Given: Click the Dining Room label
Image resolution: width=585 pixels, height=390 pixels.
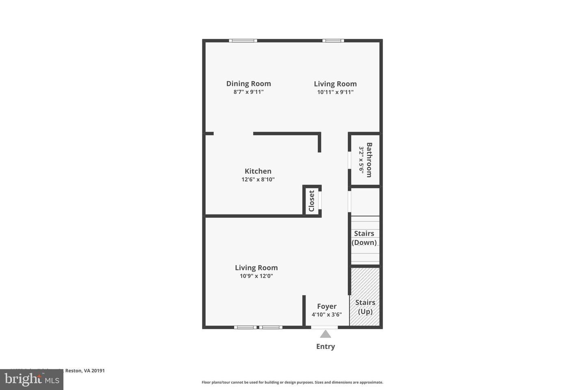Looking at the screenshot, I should coord(248,84).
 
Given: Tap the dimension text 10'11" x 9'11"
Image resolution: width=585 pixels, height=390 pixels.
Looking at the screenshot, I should coord(335,92).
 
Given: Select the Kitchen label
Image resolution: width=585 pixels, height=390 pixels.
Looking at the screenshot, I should coord(258,171).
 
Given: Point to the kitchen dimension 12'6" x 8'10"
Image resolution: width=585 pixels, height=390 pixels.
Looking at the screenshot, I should coord(258,180).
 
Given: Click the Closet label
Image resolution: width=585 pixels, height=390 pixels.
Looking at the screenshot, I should coord(312,201).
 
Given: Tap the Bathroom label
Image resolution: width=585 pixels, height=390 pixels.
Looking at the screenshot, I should coord(369,160).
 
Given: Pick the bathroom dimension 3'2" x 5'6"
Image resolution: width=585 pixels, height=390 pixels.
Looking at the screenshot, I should coord(361,160).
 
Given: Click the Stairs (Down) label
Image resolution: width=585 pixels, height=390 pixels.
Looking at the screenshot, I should coord(364,238).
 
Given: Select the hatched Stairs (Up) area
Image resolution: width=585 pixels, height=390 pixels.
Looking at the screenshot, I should coord(365,297).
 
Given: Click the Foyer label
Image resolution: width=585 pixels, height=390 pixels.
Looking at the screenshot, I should coord(327,306).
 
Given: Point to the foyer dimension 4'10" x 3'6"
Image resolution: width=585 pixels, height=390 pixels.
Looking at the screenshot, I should coord(327,315).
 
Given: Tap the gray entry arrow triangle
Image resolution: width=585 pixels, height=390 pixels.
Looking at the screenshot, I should coord(325,334).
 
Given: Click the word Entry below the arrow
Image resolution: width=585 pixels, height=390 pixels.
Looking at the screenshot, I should coord(325,347).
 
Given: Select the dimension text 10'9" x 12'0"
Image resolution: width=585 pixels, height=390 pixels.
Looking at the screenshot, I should coord(256,276).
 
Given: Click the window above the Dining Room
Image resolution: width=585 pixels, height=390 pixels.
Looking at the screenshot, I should coord(243,41).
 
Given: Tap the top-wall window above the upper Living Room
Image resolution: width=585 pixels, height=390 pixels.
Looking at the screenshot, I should coord(333,41).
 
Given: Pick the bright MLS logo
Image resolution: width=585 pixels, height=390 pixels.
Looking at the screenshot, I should coord(31,380).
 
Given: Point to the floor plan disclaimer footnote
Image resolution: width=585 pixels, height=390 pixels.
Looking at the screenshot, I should coord(292,382).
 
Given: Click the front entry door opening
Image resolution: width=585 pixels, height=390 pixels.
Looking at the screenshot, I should coord(324,327).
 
